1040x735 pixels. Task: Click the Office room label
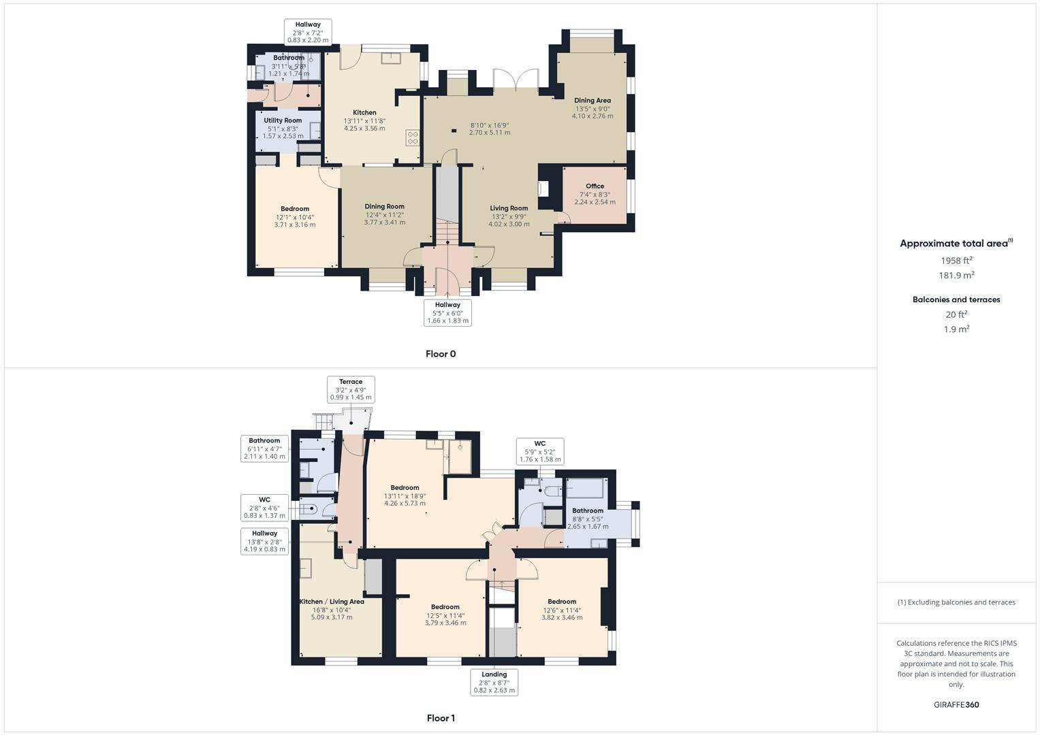[x=595, y=186]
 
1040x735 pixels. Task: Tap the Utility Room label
[x=283, y=120]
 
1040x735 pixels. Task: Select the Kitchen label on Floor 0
[x=364, y=112]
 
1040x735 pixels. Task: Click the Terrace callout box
[x=351, y=390]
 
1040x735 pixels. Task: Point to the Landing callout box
[x=494, y=683]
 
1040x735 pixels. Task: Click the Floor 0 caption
[x=441, y=354]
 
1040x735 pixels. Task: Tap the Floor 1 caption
[x=441, y=718]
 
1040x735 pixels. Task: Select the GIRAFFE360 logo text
[x=956, y=705]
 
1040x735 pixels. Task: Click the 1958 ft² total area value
[x=956, y=261]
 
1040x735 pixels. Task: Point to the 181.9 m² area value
[x=956, y=276]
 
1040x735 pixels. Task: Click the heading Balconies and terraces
[x=956, y=299]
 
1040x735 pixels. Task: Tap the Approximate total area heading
[x=955, y=244]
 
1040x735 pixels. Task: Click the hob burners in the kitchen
[x=413, y=138]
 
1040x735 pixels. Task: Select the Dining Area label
[x=593, y=100]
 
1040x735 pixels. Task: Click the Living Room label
[x=509, y=208]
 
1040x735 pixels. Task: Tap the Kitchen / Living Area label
[x=332, y=602]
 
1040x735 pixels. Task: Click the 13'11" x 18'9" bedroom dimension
[x=405, y=496]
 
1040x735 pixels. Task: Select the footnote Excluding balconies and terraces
[x=956, y=602]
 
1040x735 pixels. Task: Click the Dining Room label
[x=384, y=206]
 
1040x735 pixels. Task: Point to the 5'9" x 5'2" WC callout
[x=540, y=451]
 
